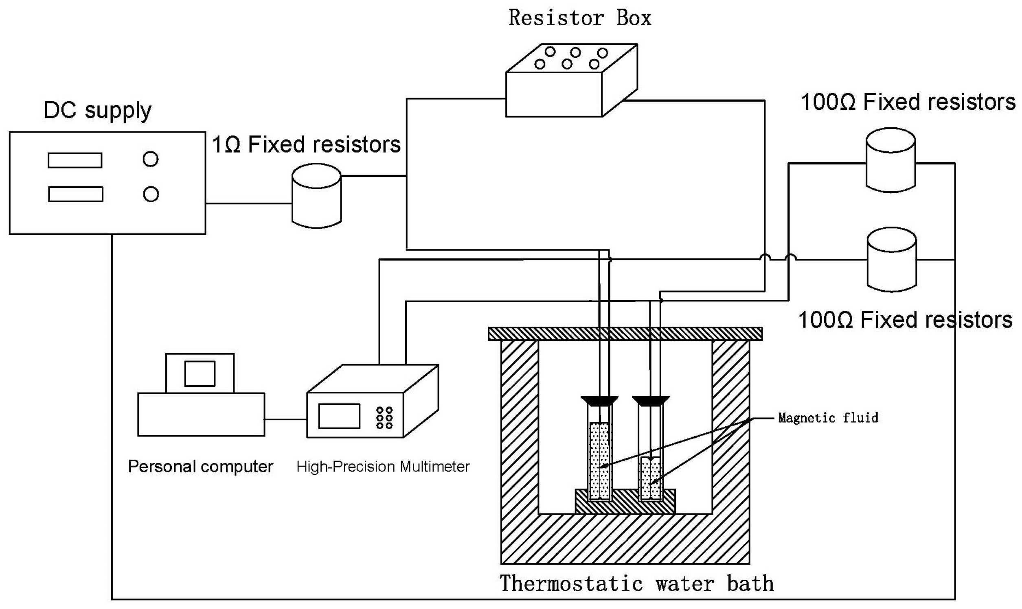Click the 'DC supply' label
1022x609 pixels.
tap(97, 110)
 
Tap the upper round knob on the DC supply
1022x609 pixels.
tap(150, 159)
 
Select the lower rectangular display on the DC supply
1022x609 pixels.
tap(76, 194)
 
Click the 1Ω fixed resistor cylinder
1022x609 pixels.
tap(316, 196)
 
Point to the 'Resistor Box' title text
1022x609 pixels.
tap(579, 18)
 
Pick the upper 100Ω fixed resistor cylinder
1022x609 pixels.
tap(890, 161)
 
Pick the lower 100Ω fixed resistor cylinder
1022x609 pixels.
tap(891, 260)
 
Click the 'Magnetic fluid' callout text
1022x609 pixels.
tap(828, 418)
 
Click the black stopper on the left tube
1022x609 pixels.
tap(599, 400)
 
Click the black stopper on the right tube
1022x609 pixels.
tap(650, 400)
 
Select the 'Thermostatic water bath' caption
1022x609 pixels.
tap(636, 583)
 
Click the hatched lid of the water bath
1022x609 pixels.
tap(625, 334)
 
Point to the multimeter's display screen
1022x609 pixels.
tap(339, 416)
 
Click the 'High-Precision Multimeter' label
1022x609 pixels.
tap(383, 467)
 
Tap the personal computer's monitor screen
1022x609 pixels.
tap(200, 374)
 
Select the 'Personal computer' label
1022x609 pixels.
tap(200, 467)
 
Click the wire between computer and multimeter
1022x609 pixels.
tap(285, 419)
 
